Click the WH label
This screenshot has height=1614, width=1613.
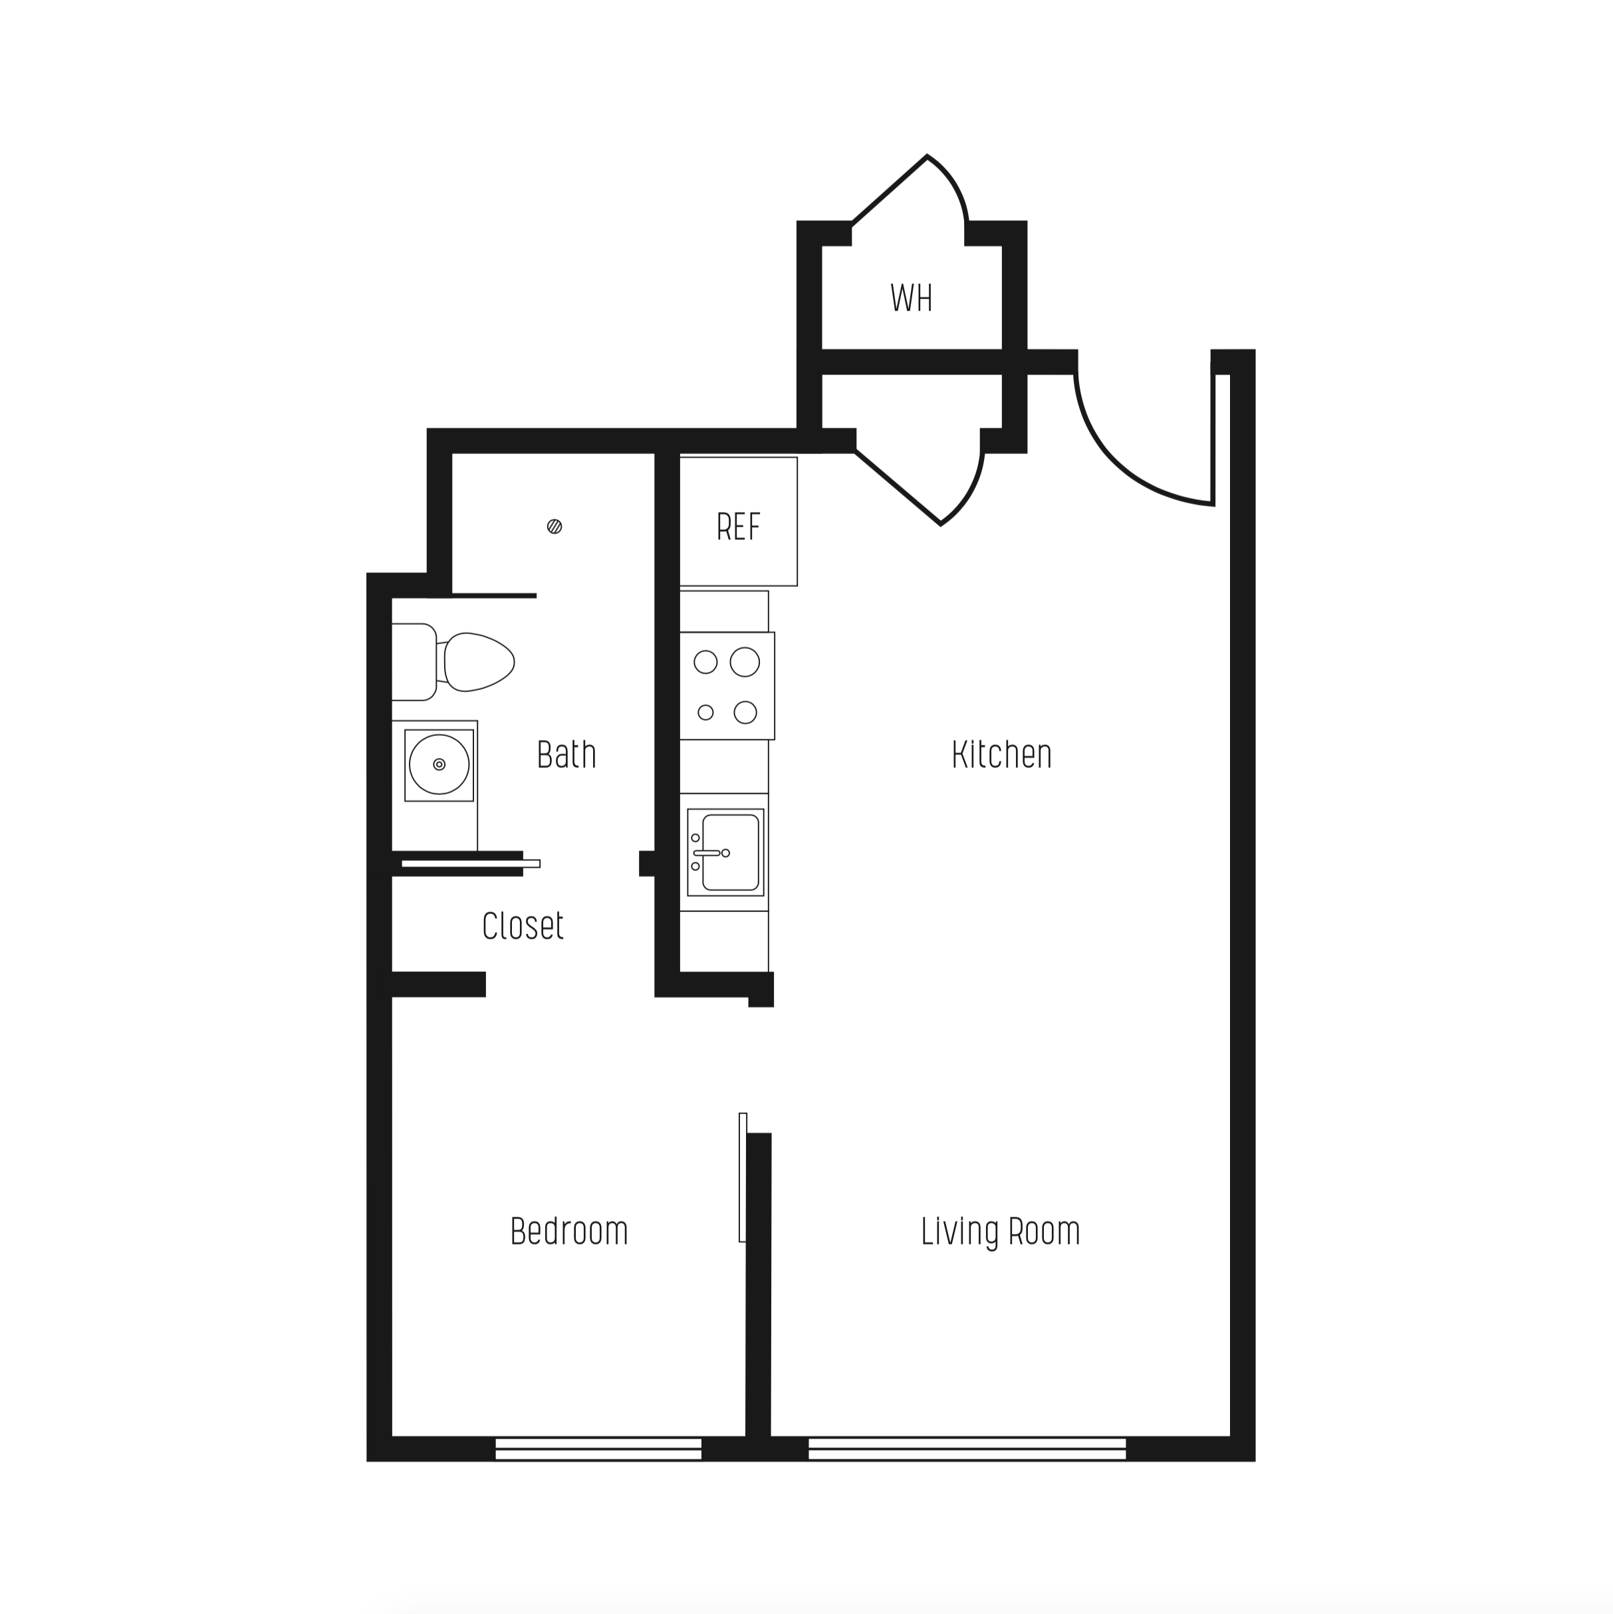pyautogui.click(x=910, y=298)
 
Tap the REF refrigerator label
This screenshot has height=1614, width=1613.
pyautogui.click(x=738, y=526)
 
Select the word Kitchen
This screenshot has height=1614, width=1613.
pyautogui.click(x=1001, y=754)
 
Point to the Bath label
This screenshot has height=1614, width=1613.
pyautogui.click(x=566, y=754)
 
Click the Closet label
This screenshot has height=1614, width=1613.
pyautogui.click(x=523, y=925)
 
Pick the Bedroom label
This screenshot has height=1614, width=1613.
pyautogui.click(x=568, y=1231)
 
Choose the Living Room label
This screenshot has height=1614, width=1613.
pyautogui.click(x=999, y=1231)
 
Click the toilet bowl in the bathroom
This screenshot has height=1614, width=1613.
pyautogui.click(x=478, y=661)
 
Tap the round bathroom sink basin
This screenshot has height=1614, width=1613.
pyautogui.click(x=439, y=764)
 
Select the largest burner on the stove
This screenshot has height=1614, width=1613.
pyautogui.click(x=744, y=663)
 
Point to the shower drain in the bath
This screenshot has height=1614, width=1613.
pyautogui.click(x=554, y=526)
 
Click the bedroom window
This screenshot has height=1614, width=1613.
pyautogui.click(x=598, y=1448)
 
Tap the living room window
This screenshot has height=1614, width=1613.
pyautogui.click(x=967, y=1448)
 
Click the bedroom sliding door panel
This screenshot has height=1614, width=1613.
pyautogui.click(x=742, y=1177)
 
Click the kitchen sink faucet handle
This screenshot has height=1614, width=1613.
pyautogui.click(x=707, y=853)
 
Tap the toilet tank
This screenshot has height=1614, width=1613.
pyautogui.click(x=413, y=661)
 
